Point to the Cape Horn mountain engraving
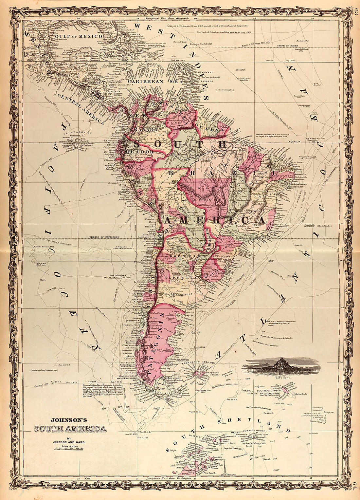coord(282,365)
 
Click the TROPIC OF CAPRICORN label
coord(105,236)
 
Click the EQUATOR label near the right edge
coord(294,141)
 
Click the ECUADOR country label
coord(137,152)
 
